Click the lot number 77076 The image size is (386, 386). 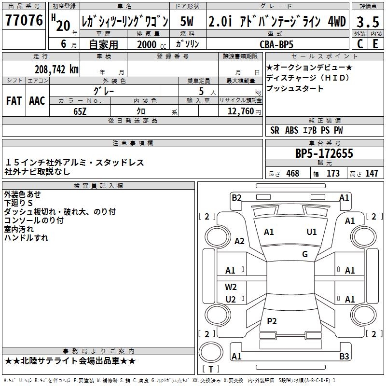coord(24,21)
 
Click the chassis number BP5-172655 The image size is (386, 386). coord(324,154)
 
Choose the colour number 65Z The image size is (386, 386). coord(80,111)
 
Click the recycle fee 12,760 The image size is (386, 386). coord(239,111)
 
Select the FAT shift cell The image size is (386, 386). coord(14,100)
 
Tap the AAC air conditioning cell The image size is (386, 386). coord(37,100)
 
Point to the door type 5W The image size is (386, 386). coord(187,22)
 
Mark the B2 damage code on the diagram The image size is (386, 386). coord(236,197)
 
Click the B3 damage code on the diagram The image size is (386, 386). coord(344,357)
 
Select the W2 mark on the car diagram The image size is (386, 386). coord(231,287)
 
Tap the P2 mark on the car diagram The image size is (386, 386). coord(272,321)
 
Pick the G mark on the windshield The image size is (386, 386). coord(305,254)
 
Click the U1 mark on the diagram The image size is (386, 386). coord(312,232)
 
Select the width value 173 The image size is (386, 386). coord(333,173)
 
